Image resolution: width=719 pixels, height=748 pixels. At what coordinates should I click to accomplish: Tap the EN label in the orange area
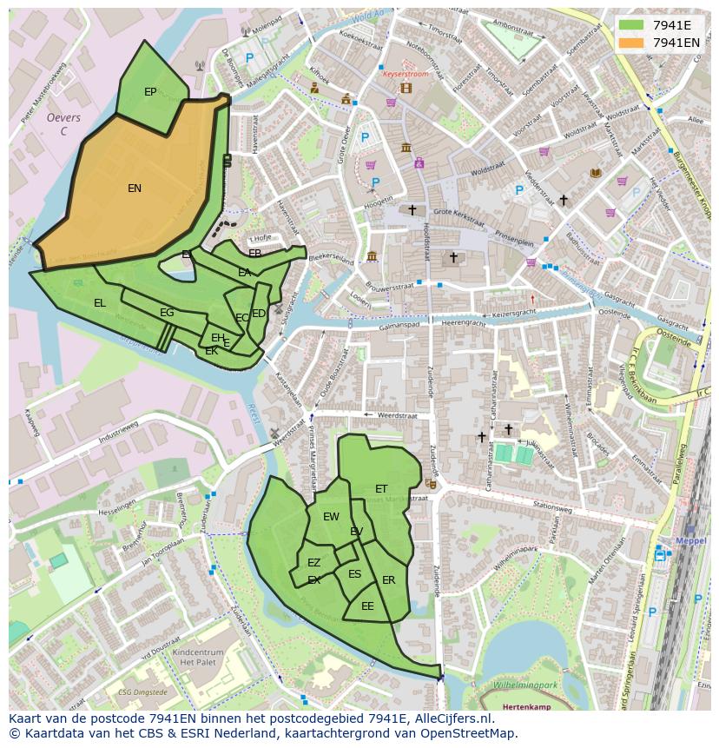135,189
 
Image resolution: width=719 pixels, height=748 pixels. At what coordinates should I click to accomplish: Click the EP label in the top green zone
150,92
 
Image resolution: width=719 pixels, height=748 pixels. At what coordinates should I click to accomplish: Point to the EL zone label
100,303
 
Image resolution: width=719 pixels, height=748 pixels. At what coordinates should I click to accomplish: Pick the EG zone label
167,313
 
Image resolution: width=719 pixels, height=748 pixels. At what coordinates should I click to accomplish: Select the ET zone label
381,489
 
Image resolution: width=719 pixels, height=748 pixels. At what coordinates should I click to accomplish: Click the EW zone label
331,517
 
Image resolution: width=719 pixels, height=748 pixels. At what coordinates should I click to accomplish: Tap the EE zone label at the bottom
367,606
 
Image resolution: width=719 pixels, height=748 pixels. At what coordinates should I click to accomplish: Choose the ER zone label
388,580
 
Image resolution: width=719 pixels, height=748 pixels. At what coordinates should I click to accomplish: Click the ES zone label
354,574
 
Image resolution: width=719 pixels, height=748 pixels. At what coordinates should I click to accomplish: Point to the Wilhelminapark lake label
524,685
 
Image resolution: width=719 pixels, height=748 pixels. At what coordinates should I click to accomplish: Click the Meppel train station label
692,539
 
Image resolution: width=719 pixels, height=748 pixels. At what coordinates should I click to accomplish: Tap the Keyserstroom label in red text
406,75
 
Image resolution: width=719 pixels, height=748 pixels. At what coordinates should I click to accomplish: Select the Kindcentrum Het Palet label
199,656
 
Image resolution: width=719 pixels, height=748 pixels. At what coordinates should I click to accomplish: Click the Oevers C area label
63,124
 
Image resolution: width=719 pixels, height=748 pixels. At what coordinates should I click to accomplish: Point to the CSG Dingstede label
142,692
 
